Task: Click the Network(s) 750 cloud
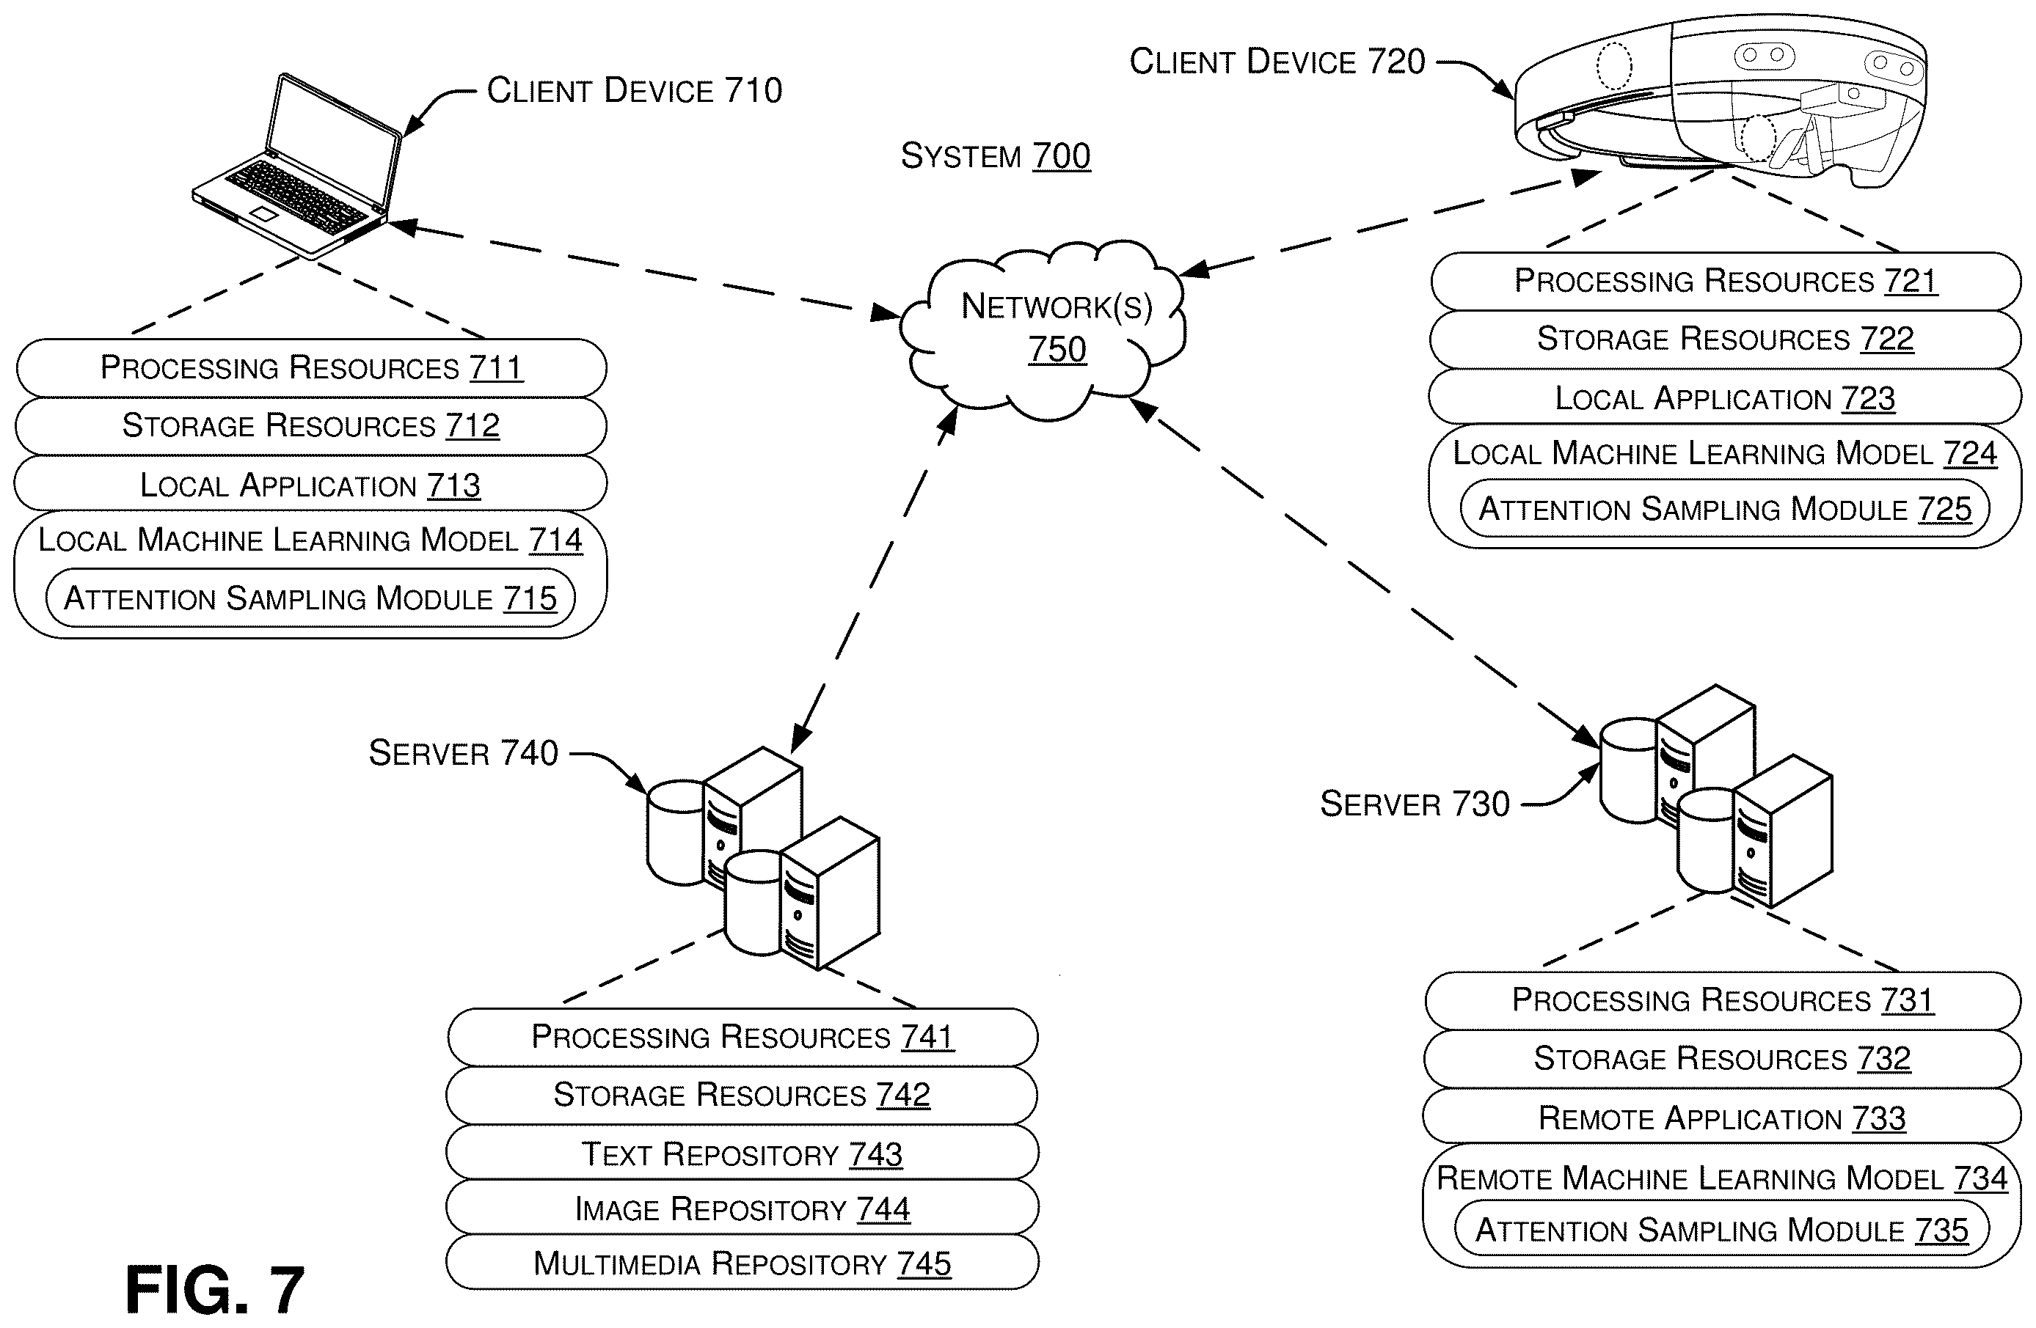[x=1043, y=329]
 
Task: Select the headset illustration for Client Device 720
[x=1720, y=103]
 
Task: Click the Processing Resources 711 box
[x=311, y=367]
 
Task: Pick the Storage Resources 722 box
[x=1726, y=340]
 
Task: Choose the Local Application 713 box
[x=311, y=484]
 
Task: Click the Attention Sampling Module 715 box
[x=310, y=598]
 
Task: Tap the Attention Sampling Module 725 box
[x=1725, y=509]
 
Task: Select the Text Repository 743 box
[x=742, y=1153]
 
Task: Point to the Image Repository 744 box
[x=742, y=1208]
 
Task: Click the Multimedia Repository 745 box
[x=742, y=1262]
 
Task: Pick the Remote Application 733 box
[x=1722, y=1117]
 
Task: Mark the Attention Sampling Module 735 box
[x=1721, y=1230]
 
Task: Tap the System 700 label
[x=996, y=155]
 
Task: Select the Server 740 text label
[x=463, y=752]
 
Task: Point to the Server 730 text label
[x=1415, y=804]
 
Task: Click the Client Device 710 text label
[x=634, y=89]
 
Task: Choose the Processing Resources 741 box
[x=742, y=1036]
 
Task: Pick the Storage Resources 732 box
[x=1722, y=1059]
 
